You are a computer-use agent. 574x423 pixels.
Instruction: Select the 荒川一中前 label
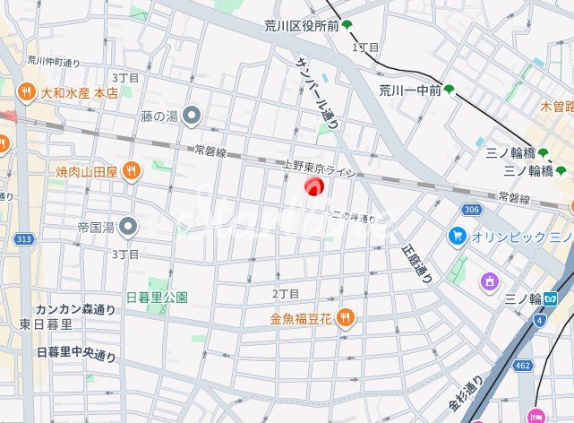[409, 90]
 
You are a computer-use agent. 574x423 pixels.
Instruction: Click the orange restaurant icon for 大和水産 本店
[26, 91]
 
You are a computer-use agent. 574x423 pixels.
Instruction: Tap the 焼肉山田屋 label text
[87, 170]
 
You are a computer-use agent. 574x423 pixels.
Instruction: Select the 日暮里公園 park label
[157, 297]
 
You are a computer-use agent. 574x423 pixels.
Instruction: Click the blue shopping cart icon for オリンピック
[458, 236]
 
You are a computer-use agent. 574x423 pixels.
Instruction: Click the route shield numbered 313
[23, 238]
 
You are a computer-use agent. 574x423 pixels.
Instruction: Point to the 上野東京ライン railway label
[319, 168]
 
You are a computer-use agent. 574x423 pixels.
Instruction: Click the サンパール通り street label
[317, 91]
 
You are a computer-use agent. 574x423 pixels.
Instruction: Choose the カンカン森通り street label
[75, 310]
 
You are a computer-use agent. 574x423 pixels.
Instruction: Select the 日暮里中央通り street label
[77, 353]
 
